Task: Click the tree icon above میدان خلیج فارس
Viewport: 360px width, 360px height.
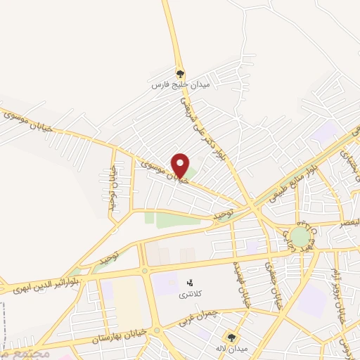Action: click(180, 72)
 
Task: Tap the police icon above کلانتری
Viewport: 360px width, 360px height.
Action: click(189, 281)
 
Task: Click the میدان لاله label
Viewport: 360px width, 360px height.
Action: click(230, 349)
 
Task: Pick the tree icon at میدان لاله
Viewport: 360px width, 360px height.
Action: click(231, 337)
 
